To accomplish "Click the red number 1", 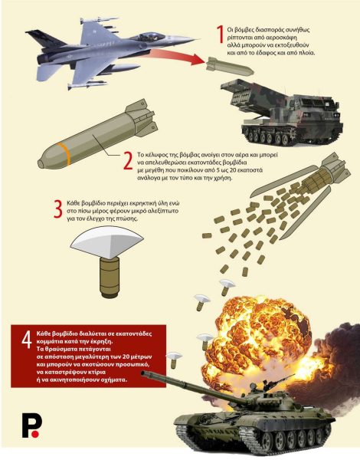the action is [220, 34].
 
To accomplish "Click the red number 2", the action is [128, 160].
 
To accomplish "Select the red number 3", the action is [58, 209].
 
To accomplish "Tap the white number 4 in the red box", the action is [27, 340].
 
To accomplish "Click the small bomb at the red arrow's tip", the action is [230, 66].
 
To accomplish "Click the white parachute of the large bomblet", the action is [107, 242].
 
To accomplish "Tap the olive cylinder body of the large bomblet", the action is [110, 277].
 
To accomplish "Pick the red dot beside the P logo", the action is [35, 434].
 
